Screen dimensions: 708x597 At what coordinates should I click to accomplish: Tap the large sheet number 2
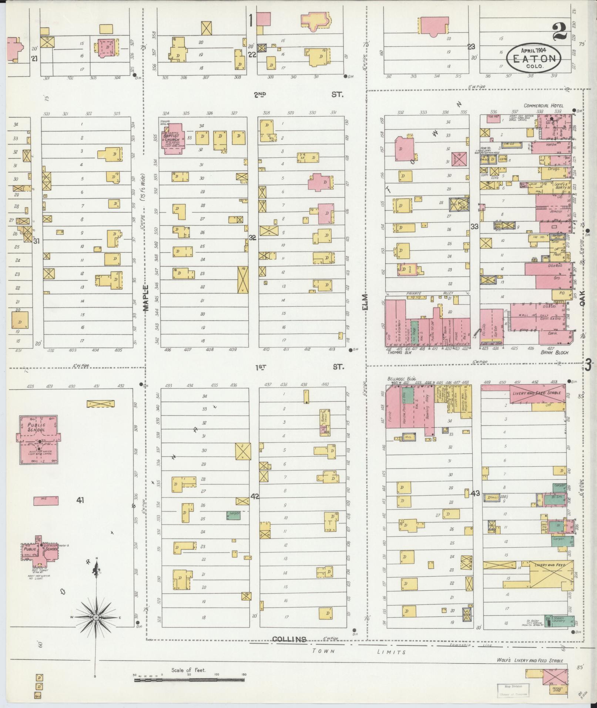(561, 32)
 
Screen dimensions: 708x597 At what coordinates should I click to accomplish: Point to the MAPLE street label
(146, 298)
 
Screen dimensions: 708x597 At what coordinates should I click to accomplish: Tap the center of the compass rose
(96, 618)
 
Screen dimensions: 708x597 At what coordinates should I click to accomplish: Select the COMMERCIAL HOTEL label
(543, 106)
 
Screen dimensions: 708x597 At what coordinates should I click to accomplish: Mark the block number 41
(80, 500)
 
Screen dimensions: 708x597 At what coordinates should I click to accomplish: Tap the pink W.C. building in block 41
(46, 501)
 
